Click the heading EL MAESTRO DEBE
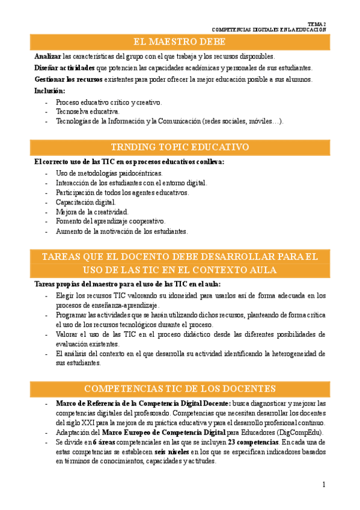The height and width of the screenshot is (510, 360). coord(179,41)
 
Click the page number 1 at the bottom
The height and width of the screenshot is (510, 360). coord(324,485)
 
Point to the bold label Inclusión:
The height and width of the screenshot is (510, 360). coord(50,91)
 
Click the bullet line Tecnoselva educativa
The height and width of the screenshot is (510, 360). coord(88,111)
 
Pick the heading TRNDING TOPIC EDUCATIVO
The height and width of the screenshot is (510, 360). coord(180,147)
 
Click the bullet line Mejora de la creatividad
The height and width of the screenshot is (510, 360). coord(92,212)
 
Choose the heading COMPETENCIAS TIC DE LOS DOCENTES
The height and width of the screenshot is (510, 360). coord(180,388)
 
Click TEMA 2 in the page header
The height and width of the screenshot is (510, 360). coord(316,23)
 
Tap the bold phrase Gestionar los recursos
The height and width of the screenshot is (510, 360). coord(69,79)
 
